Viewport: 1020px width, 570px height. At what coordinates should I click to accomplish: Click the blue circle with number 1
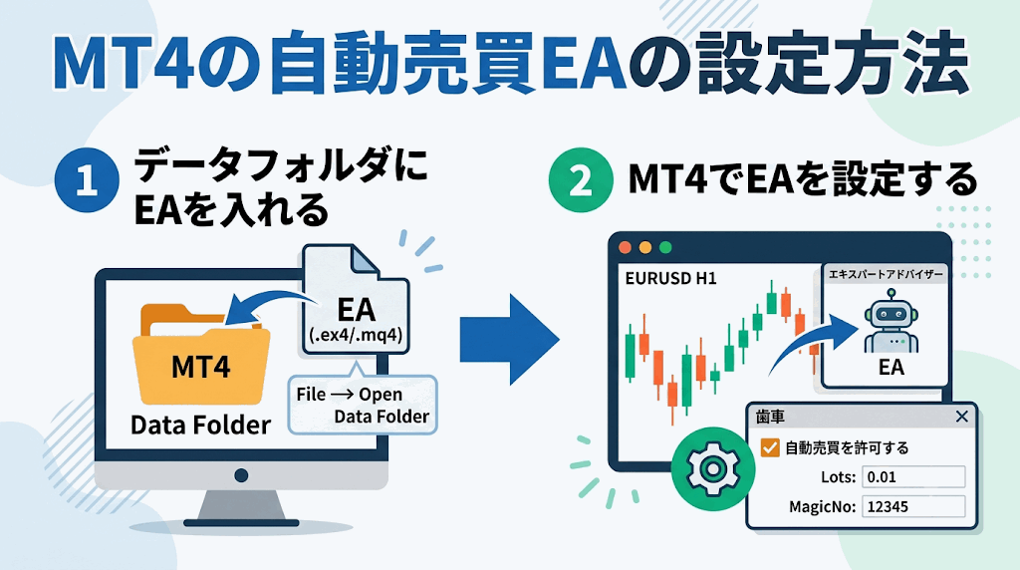coord(88,180)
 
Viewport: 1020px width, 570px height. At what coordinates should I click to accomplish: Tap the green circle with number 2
coord(581,180)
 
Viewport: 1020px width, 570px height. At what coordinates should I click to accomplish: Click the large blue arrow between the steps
coord(509,339)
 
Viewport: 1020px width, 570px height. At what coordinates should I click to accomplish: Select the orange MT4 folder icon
coord(201,355)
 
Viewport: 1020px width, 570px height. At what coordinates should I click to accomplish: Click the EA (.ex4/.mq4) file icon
coord(356,300)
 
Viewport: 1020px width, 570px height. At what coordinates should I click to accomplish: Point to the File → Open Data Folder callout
coord(363,405)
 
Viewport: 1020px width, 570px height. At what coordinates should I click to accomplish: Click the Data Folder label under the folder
coord(200,425)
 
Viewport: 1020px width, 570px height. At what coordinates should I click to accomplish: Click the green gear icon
coord(713,468)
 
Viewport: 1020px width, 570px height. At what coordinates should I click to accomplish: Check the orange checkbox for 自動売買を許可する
coord(770,447)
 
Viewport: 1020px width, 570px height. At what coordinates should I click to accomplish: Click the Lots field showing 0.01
coord(913,477)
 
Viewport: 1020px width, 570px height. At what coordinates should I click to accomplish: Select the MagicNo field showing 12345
coord(913,507)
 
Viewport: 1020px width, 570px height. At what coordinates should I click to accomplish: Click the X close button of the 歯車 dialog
coord(962,417)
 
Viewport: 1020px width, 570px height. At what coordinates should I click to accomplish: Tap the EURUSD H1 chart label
coord(670,278)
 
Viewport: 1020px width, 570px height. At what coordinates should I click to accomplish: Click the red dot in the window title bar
coord(626,247)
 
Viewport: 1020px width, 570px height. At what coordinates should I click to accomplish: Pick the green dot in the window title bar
coord(665,247)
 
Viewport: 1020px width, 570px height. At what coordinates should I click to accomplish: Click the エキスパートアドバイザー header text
coord(886,274)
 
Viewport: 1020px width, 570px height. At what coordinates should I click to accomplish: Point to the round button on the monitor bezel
coord(241,475)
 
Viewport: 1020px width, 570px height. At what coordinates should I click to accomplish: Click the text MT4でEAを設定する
coord(803,179)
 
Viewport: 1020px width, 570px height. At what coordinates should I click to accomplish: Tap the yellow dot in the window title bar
coord(645,247)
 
